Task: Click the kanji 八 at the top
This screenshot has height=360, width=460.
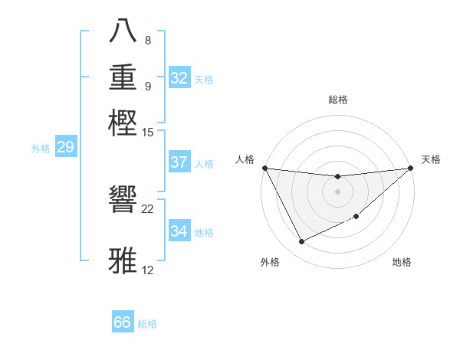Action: [x=124, y=31]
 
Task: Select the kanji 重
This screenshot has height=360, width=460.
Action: [x=124, y=77]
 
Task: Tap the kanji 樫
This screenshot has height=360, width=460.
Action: [x=124, y=122]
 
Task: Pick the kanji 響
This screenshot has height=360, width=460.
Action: [x=124, y=201]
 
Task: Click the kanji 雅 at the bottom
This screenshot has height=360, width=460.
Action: [x=124, y=261]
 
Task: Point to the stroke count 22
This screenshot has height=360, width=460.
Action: [x=148, y=208]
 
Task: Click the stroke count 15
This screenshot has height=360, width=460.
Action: [x=148, y=132]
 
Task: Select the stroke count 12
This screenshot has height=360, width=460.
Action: [x=148, y=270]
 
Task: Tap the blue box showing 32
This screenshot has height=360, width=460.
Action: [x=179, y=78]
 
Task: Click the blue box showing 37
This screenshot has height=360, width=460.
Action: [x=179, y=162]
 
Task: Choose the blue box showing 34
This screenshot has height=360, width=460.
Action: [x=179, y=231]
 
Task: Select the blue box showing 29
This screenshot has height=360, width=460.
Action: [x=65, y=147]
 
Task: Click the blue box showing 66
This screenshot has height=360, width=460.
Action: [x=123, y=322]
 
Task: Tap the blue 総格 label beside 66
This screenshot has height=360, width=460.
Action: [x=147, y=324]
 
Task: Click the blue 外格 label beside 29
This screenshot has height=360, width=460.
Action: [x=41, y=149]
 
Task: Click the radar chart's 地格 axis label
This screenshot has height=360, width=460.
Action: [x=402, y=262]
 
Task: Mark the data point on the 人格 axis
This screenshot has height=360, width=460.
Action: [x=264, y=168]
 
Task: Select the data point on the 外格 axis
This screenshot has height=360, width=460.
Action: [x=301, y=242]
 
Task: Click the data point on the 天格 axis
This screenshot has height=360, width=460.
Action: [x=410, y=168]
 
